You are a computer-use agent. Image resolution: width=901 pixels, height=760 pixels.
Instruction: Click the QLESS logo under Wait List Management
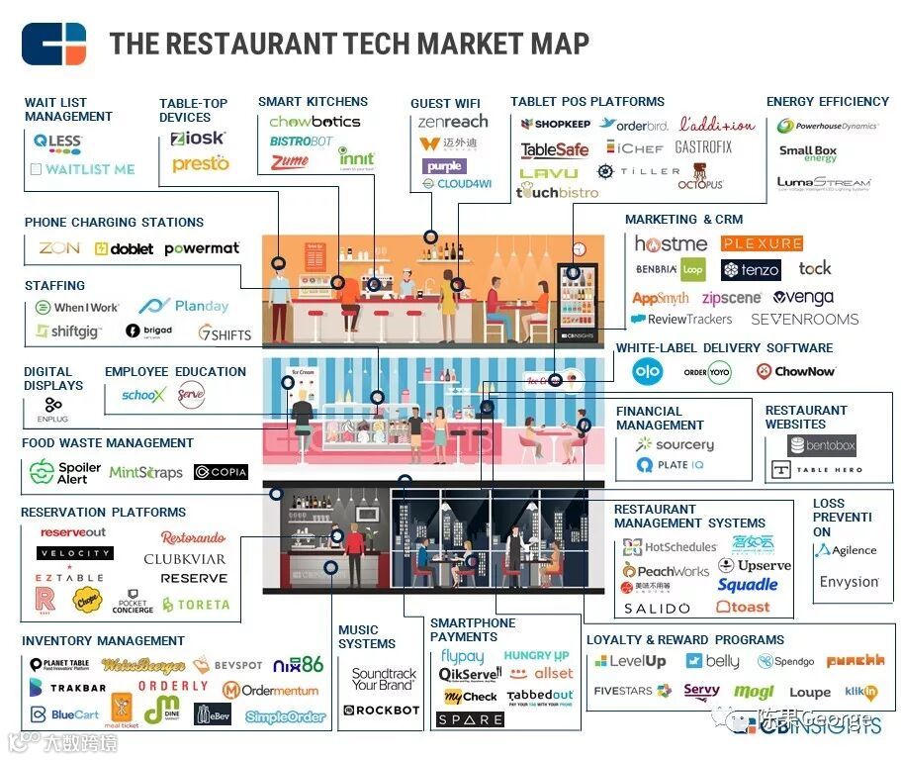[57, 142]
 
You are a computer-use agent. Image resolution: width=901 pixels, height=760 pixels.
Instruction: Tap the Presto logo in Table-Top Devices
[200, 163]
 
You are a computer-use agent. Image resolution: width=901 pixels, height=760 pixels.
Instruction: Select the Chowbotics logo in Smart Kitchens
[315, 122]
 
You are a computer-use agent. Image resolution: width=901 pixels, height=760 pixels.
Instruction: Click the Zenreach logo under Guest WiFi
[452, 122]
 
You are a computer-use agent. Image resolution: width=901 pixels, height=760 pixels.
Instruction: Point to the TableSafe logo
[555, 150]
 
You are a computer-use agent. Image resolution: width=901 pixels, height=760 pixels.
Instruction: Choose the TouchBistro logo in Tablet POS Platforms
[557, 192]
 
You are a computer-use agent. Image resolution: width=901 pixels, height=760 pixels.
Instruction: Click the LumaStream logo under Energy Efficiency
[823, 183]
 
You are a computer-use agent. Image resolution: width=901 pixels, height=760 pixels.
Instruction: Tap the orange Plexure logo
[762, 243]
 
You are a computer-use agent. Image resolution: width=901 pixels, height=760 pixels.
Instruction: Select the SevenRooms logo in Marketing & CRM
[804, 320]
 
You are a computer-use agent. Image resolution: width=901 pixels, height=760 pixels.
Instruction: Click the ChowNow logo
[795, 371]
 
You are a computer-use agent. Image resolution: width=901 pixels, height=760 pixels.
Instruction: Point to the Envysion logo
[849, 582]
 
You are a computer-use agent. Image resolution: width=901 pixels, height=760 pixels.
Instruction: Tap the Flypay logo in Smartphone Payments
[462, 656]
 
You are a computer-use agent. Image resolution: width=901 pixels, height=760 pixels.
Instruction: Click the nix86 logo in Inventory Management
[298, 664]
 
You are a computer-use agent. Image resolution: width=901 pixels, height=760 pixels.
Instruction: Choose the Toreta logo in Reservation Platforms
[196, 605]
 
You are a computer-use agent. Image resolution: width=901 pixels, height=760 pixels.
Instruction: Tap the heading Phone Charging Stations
[114, 223]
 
